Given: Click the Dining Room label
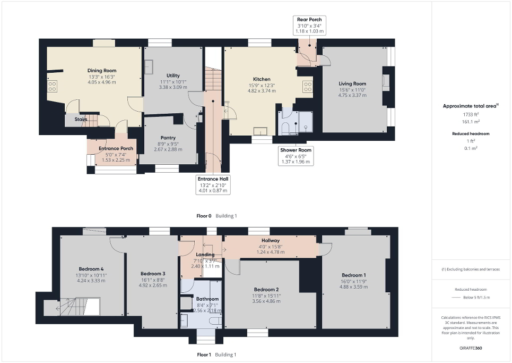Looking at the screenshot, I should tap(102, 70).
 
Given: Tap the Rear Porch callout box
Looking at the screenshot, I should tap(309, 26).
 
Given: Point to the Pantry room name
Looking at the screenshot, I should tap(168, 138).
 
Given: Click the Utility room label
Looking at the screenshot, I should tap(173, 75).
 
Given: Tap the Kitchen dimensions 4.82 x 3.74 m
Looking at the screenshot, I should tap(262, 91).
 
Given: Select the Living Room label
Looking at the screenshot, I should tap(352, 83).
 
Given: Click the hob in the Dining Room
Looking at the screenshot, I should tap(52, 87).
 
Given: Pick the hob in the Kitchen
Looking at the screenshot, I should tap(307, 86).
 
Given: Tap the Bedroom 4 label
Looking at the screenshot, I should tap(91, 268).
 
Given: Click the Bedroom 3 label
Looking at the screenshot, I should tap(153, 273).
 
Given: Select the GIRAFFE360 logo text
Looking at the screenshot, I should tap(471, 348).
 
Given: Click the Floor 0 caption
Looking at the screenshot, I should tap(204, 216).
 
